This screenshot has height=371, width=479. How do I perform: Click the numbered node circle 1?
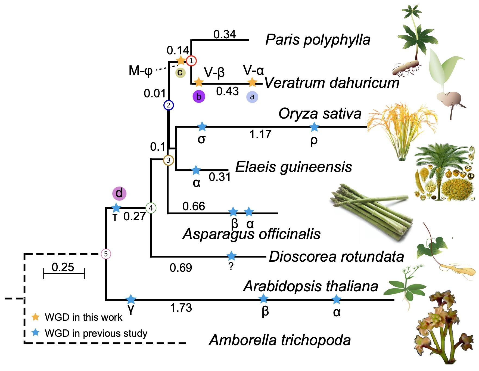tap(191, 61)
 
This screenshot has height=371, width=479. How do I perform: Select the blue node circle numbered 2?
tap(169, 105)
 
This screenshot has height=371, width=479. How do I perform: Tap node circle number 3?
tap(168, 160)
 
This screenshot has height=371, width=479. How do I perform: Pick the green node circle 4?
tap(151, 208)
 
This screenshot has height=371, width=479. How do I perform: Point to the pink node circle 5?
tap(106, 254)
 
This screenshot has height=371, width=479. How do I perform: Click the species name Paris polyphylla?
tap(318, 40)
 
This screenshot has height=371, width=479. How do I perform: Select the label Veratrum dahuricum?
tap(332, 82)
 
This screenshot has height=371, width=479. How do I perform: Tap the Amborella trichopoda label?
tap(280, 340)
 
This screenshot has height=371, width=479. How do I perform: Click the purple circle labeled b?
tap(199, 97)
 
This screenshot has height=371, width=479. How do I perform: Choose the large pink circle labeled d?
tap(119, 193)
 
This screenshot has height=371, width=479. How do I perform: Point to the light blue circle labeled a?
tap(252, 97)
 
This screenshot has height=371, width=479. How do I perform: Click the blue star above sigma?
tap(202, 126)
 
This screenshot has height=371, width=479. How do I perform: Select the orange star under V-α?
tap(252, 82)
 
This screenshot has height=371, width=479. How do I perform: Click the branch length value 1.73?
tap(181, 308)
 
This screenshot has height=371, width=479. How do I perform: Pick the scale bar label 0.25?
tap(63, 267)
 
